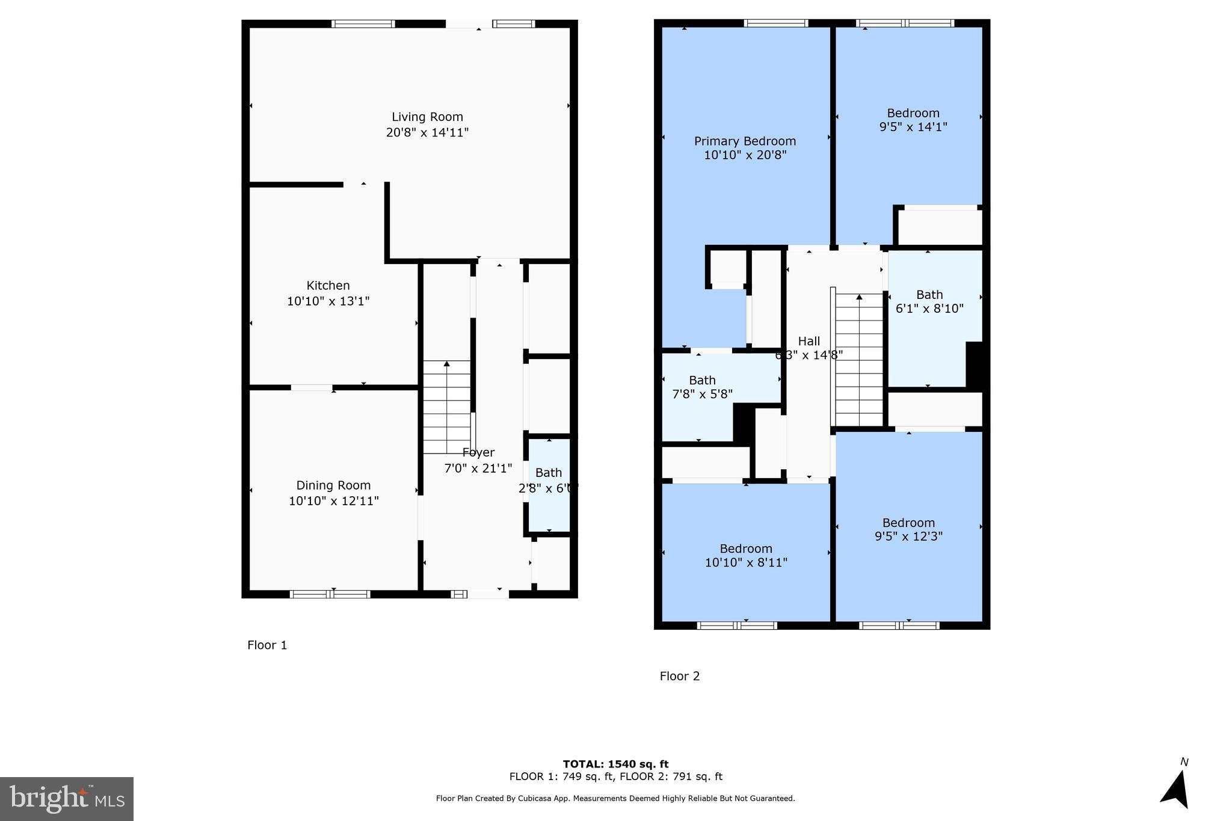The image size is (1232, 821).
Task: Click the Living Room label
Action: click(x=427, y=117)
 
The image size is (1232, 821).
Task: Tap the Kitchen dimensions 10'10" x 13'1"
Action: click(x=328, y=301)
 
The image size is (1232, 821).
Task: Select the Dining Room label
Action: click(x=333, y=485)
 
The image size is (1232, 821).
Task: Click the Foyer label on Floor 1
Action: click(x=478, y=453)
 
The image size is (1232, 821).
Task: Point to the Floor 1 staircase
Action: click(x=446, y=407)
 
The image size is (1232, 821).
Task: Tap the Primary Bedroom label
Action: click(x=745, y=141)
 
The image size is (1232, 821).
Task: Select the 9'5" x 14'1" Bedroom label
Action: click(x=913, y=120)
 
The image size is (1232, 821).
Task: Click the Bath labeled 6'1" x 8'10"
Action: click(x=929, y=301)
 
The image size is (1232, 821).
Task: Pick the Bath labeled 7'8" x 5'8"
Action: click(x=702, y=387)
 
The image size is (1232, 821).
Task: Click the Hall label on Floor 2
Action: click(x=808, y=342)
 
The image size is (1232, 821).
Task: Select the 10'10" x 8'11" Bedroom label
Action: click(x=746, y=555)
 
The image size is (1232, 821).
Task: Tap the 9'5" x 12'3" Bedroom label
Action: click(x=908, y=529)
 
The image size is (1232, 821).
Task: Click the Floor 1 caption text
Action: click(x=267, y=645)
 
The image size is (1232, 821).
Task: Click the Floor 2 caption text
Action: click(x=680, y=676)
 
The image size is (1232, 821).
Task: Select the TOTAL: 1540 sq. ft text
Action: click(x=615, y=764)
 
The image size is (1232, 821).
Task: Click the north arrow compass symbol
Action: click(x=1176, y=789)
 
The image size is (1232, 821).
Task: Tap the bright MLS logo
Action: click(x=66, y=799)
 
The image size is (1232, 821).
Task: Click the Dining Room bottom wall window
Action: click(x=330, y=594)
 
